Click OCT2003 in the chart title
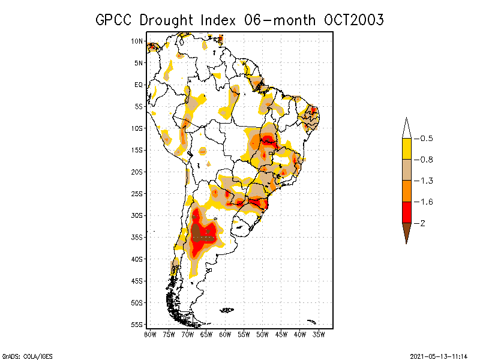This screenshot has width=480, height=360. coord(354,20)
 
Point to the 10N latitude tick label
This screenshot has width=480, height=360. coord(137,41)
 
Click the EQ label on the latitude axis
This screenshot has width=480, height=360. coord(139,85)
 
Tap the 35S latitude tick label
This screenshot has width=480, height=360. coord(137,237)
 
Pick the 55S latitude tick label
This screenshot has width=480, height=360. coord(137,324)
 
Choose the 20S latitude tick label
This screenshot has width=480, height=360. coord(137,172)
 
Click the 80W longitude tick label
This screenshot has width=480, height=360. coord(150,334)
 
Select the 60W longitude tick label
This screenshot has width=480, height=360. coord(225,334)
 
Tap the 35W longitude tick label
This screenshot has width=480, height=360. coord(319,334)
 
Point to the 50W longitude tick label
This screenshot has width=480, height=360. coord(262,334)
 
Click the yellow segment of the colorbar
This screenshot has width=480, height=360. coord(406,149)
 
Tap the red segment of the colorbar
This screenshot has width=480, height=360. coord(406,212)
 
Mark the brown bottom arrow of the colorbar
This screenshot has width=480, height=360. coord(406,231)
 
